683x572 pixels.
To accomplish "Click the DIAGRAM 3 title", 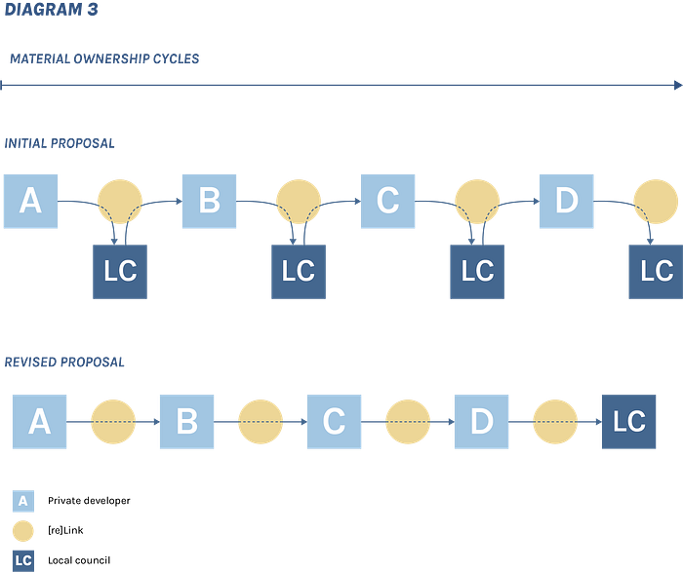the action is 52,10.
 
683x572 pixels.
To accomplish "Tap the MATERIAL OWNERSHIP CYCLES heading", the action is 104,58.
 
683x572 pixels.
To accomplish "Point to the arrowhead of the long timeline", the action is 678,85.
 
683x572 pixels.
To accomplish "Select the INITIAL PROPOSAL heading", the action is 60,143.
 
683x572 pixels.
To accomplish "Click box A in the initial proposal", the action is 30,202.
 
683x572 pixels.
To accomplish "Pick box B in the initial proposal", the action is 209,202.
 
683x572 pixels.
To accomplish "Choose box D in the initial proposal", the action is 566,202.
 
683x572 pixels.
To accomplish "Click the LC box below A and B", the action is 120,272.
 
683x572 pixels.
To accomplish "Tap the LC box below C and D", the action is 477,272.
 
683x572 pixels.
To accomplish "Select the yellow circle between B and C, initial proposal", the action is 299,202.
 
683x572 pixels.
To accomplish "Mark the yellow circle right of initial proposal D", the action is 656,202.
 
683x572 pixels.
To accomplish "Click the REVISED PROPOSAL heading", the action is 64,362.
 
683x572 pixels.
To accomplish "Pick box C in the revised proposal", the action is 334,422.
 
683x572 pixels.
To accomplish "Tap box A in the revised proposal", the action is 39,422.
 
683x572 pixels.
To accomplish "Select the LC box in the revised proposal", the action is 628,422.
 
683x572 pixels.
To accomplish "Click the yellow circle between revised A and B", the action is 113,422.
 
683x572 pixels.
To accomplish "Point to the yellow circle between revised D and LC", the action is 555,422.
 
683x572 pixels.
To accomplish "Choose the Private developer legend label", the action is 89,501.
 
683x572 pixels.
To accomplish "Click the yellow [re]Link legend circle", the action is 23,531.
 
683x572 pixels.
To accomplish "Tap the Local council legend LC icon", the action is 23,560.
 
